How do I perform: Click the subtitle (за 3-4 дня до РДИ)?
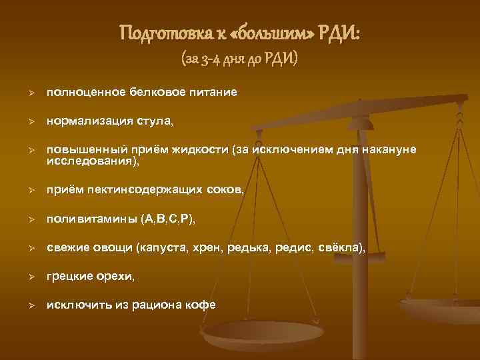(240, 60)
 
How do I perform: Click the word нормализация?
(89, 122)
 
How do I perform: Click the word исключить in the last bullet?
(73, 304)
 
